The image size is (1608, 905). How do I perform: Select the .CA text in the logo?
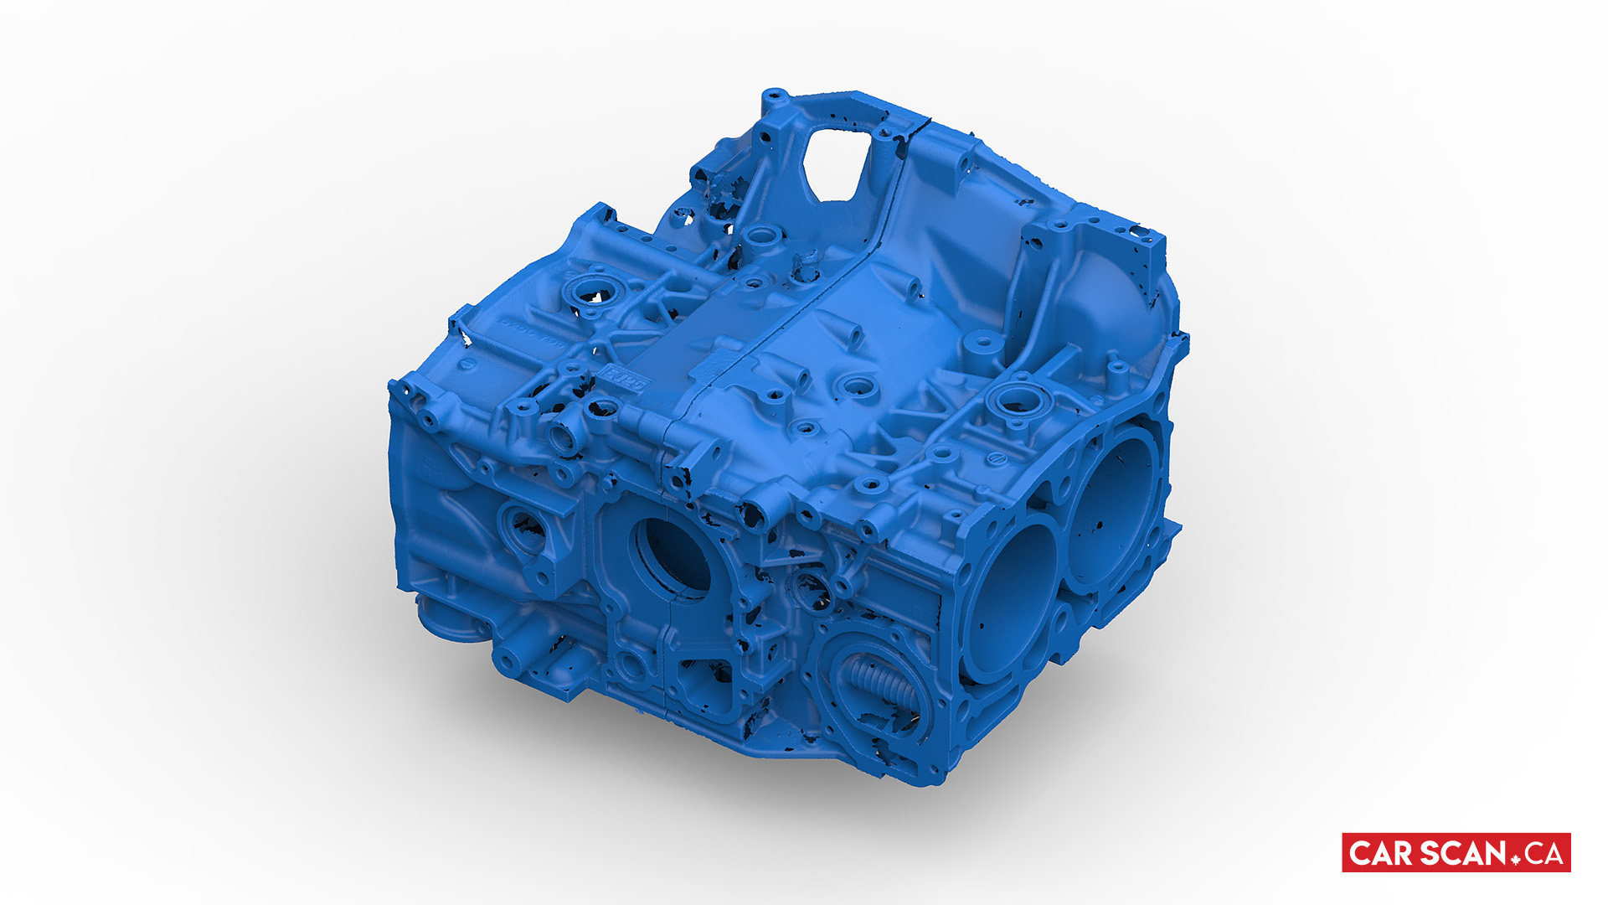[1544, 854]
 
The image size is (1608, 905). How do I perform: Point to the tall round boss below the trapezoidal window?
[760, 236]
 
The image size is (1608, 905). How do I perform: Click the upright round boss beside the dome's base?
[982, 344]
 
